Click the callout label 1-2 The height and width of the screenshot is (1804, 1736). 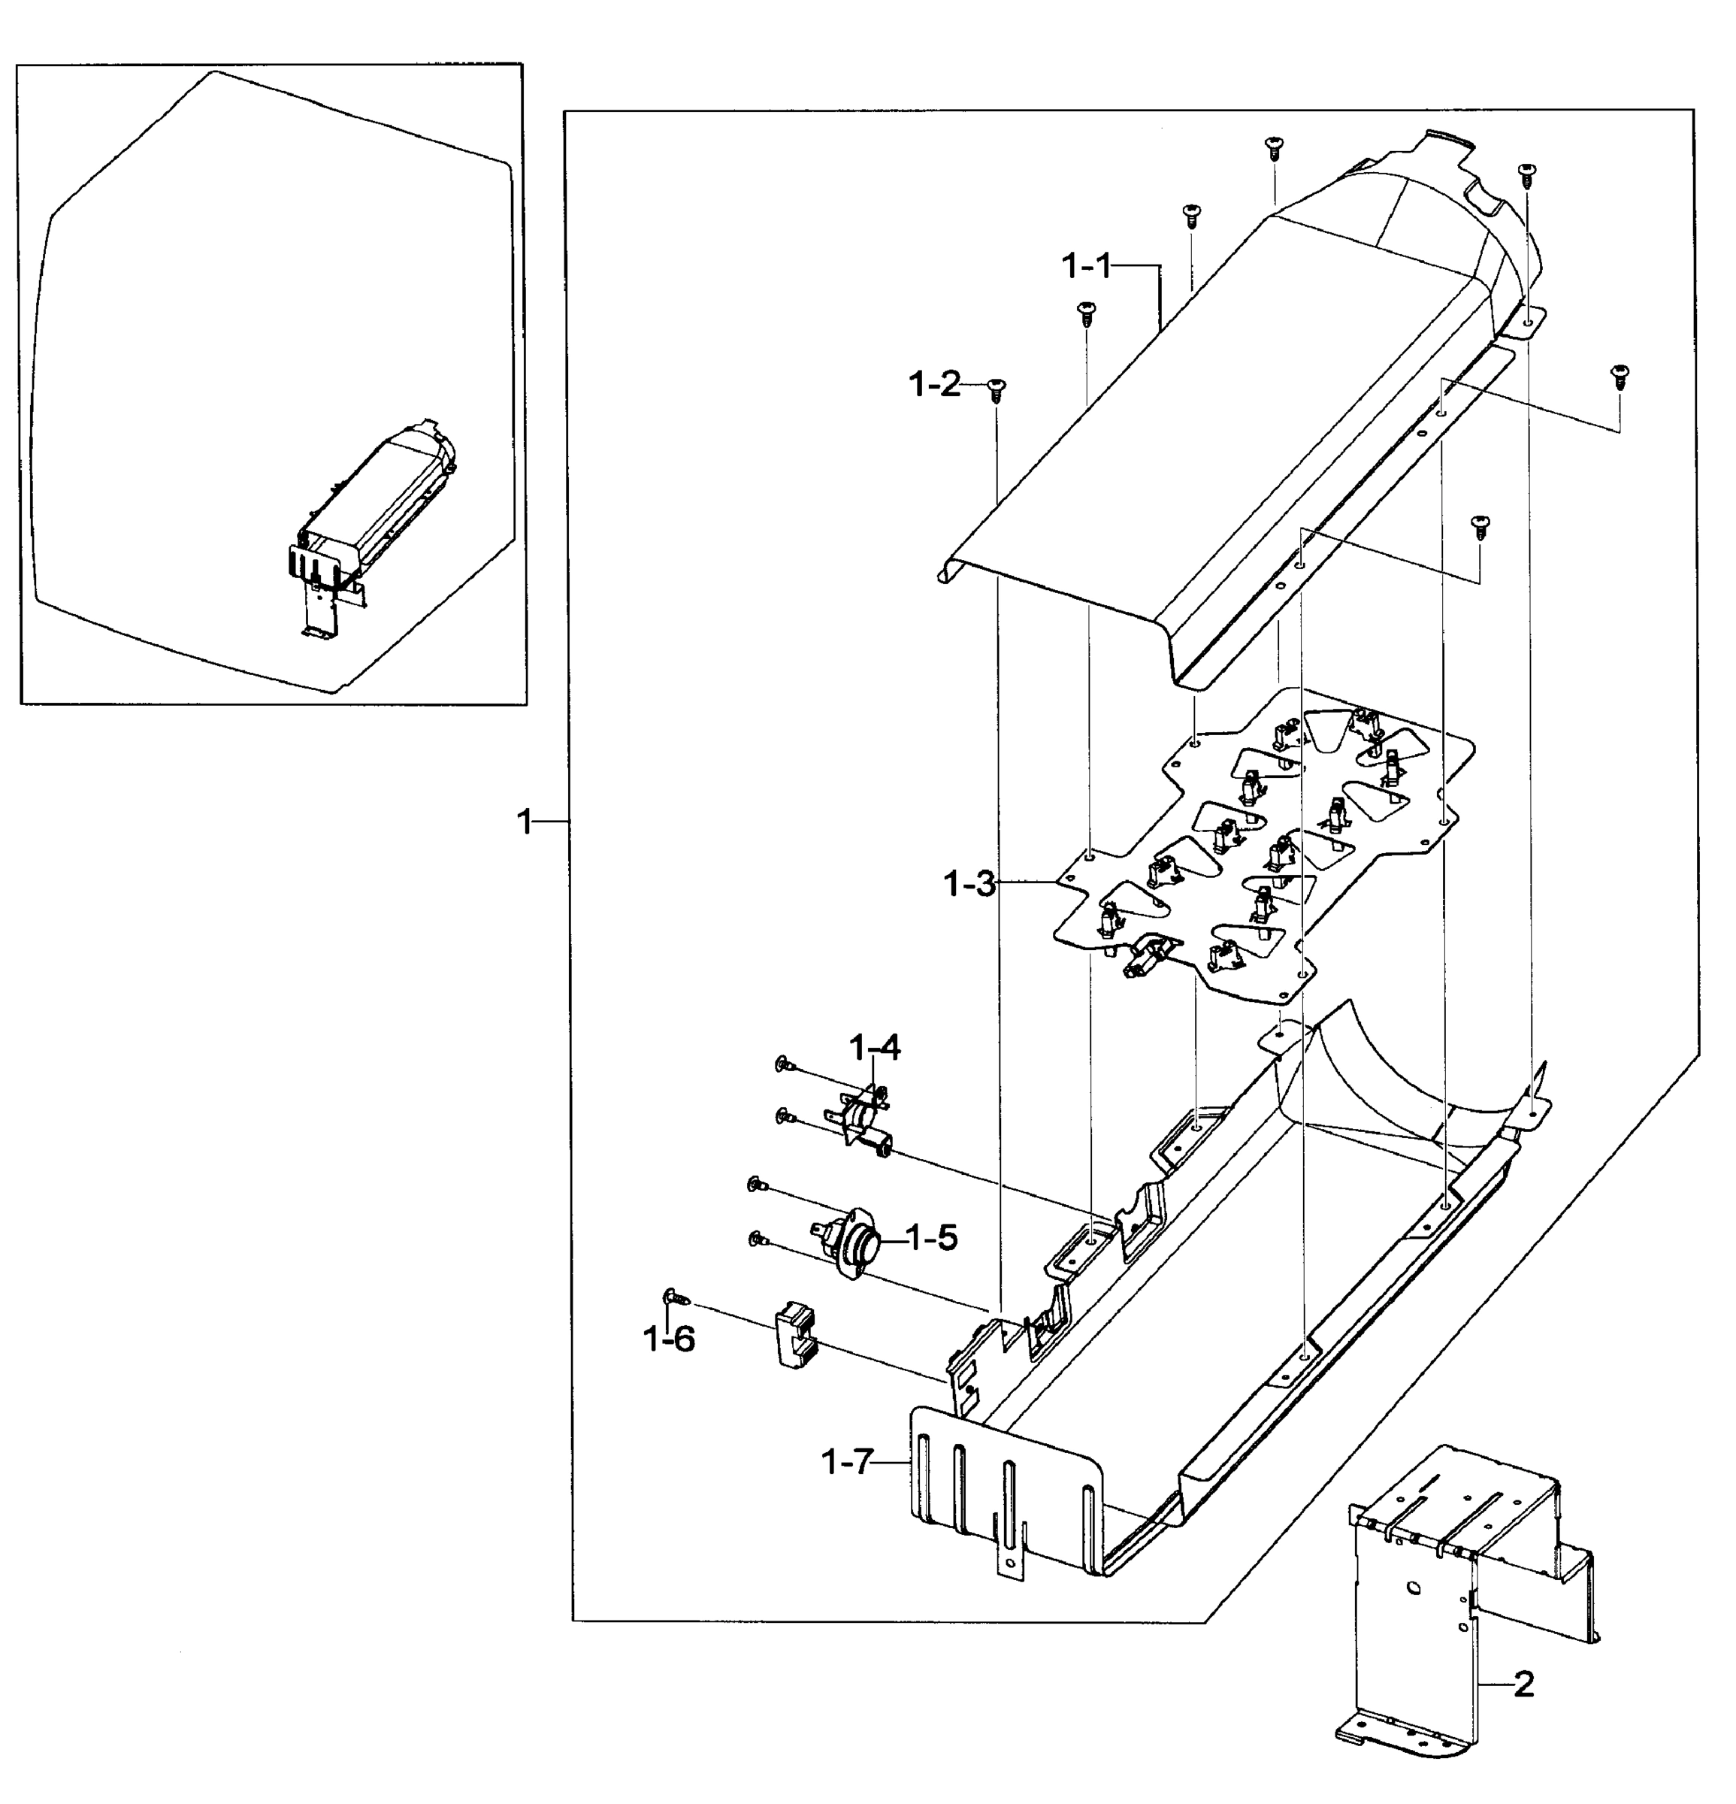tap(934, 385)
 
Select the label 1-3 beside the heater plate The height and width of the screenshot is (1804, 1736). tap(969, 885)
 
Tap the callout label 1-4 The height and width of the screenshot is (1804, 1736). tap(874, 1047)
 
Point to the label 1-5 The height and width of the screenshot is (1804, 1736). tap(931, 1238)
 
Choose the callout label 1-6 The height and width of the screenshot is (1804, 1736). tap(669, 1340)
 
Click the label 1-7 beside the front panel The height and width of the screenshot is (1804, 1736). tap(845, 1461)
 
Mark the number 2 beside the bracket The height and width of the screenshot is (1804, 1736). tap(1523, 1685)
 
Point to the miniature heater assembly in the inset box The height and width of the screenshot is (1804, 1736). tap(373, 520)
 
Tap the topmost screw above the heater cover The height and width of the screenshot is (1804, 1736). tap(1274, 145)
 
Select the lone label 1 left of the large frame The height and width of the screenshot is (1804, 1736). tap(525, 821)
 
